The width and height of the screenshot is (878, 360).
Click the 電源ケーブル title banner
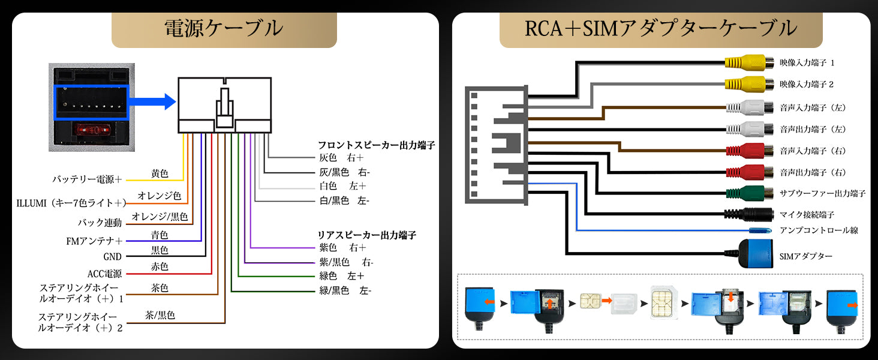point(224,29)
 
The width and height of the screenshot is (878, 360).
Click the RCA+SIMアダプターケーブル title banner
point(660,28)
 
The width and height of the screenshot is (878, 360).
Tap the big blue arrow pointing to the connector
point(152,102)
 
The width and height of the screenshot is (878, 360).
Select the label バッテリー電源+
point(87,179)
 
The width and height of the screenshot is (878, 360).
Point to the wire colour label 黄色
point(160,173)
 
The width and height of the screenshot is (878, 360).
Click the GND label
point(112,257)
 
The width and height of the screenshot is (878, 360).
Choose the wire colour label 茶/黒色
point(160,314)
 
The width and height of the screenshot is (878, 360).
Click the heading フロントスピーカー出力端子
point(376,145)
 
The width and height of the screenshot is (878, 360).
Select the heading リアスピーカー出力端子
point(367,235)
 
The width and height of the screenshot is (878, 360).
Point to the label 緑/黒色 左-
point(345,291)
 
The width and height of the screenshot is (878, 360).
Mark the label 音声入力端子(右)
point(813,151)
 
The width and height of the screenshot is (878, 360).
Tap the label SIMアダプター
point(806,256)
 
